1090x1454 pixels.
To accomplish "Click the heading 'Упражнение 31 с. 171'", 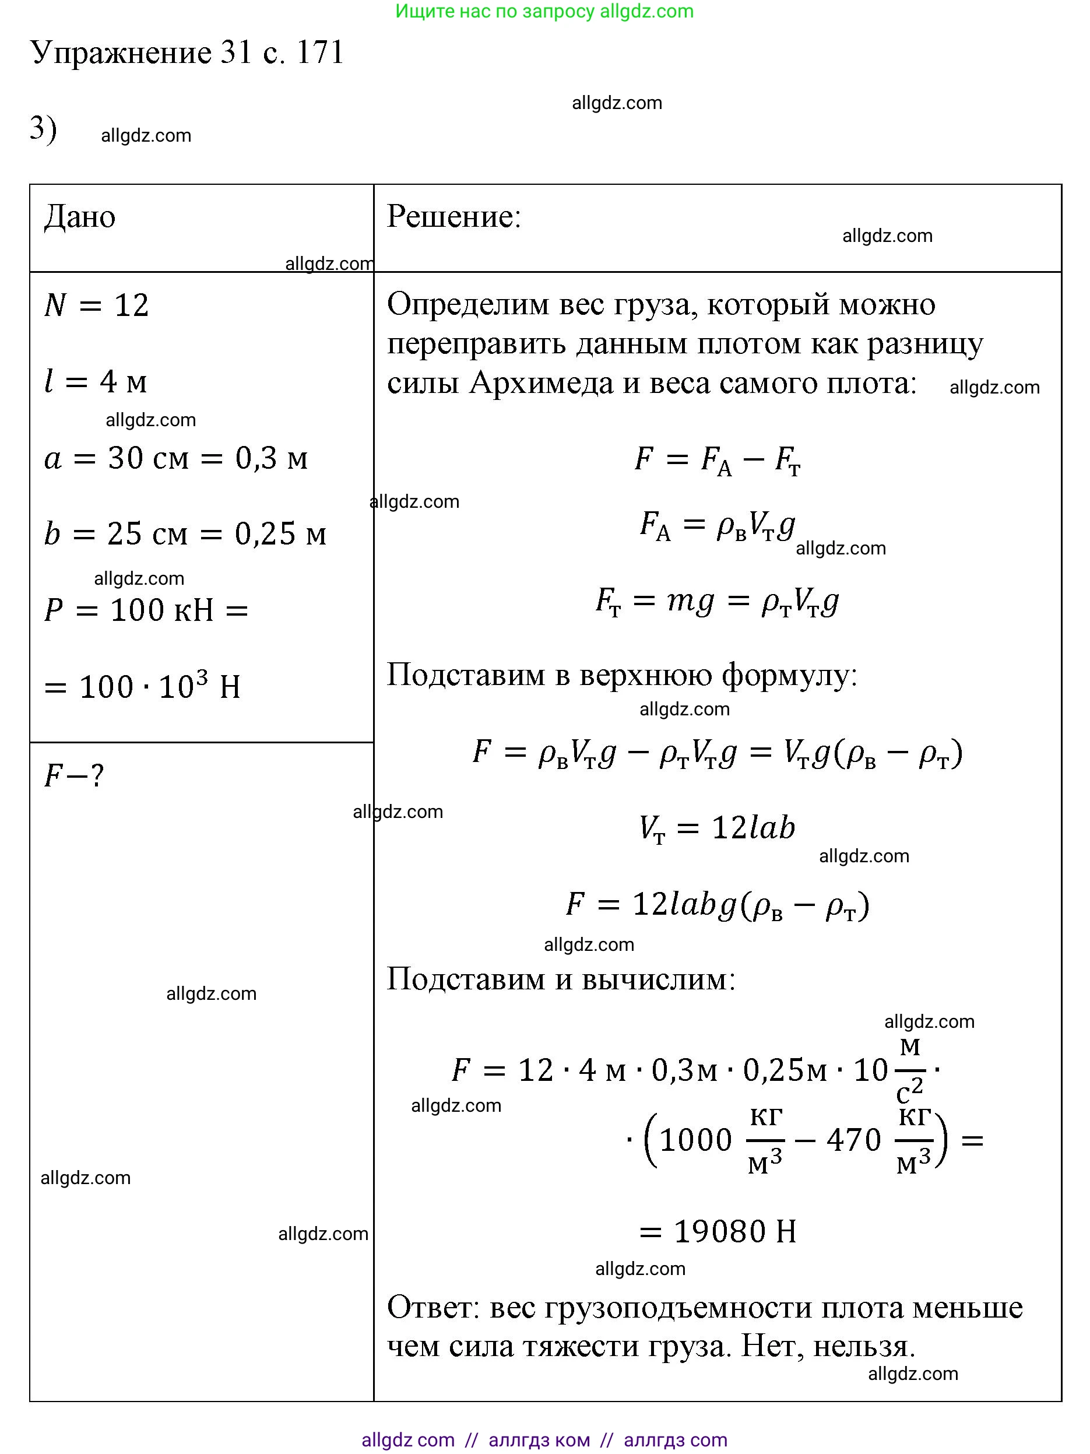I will [187, 52].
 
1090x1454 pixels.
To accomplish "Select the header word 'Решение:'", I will [453, 217].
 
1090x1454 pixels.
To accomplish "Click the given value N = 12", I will [97, 305].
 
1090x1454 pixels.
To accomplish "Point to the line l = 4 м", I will [96, 381].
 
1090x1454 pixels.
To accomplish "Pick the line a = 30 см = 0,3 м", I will [175, 458].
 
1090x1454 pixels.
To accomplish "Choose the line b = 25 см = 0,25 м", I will [185, 534].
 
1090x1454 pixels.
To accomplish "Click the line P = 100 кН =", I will [146, 610].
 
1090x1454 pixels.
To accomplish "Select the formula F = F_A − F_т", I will [717, 459].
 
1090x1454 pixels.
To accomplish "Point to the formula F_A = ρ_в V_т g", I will [717, 526].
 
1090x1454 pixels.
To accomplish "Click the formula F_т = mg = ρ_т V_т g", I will [717, 601].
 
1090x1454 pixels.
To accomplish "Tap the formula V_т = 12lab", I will [717, 828].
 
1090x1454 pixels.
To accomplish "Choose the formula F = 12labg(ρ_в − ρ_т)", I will [717, 906].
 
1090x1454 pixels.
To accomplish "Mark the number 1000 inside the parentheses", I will [695, 1140].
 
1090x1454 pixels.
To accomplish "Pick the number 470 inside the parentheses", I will [853, 1140].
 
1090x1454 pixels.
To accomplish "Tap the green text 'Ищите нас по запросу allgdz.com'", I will [544, 11].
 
